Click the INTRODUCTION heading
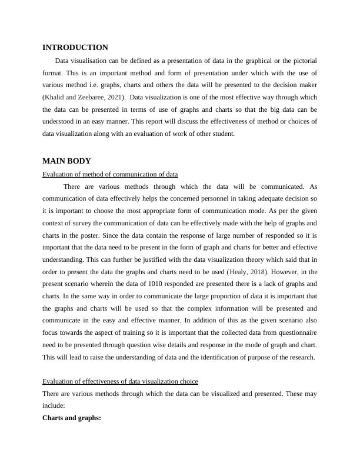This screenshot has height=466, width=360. [75, 48]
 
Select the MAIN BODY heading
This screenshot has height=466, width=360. [66, 161]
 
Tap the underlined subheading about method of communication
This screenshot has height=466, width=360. [111, 174]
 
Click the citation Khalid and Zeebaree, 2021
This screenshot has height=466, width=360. [84, 96]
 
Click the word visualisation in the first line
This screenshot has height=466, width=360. [90, 61]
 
